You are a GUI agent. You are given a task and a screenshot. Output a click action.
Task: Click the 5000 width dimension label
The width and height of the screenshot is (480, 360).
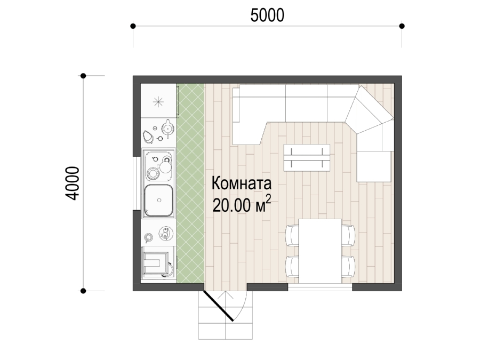[267, 15]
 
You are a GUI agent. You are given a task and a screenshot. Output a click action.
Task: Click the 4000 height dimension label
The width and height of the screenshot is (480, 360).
[72, 183]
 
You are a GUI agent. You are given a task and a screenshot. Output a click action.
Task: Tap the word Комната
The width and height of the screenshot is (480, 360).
[242, 183]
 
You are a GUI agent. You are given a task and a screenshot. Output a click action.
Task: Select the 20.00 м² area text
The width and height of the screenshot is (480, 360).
[242, 204]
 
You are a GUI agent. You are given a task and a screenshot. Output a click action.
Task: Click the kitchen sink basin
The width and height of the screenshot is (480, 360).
[158, 201]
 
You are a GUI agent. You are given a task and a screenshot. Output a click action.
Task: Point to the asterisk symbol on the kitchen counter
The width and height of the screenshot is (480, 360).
[158, 102]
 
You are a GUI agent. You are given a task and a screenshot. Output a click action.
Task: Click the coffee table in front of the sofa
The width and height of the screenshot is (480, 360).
[307, 158]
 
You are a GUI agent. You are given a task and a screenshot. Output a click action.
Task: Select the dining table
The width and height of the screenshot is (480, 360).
[320, 251]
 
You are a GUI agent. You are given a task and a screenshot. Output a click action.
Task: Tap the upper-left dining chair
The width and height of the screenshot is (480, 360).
[292, 235]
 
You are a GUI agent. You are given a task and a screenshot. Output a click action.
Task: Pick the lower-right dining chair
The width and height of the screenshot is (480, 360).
[348, 266]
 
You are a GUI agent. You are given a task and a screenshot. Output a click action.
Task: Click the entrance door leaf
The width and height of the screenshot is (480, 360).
[219, 306]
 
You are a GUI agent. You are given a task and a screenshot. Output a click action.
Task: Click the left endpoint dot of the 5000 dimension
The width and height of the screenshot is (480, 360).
[133, 26]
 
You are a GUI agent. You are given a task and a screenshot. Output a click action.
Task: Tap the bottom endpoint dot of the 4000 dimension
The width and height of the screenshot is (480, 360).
[83, 291]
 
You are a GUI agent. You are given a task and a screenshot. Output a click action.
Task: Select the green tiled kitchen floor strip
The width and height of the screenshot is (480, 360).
[190, 183]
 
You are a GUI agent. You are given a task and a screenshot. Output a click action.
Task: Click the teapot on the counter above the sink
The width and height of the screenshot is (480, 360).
[167, 127]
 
